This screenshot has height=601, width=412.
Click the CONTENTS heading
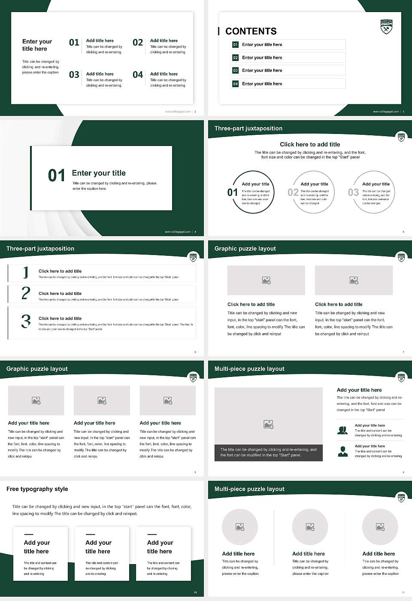pyautogui.click(x=251, y=31)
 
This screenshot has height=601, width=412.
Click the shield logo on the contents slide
pyautogui.click(x=386, y=27)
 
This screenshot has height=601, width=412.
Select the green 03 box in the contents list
pyautogui.click(x=235, y=70)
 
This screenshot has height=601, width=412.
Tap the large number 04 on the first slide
pyautogui.click(x=138, y=75)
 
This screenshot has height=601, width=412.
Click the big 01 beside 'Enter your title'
pyautogui.click(x=57, y=176)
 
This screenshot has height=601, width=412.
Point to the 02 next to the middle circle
pyautogui.click(x=293, y=192)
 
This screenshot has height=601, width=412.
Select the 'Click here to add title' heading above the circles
pyautogui.click(x=310, y=145)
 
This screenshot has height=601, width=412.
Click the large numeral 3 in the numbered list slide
pyautogui.click(x=26, y=321)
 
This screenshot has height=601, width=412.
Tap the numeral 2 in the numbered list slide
pyautogui.click(x=26, y=293)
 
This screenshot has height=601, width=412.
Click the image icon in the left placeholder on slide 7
pyautogui.click(x=266, y=280)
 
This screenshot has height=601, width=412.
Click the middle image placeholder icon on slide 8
pyautogui.click(x=102, y=401)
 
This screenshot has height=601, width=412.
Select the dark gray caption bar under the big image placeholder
pyautogui.click(x=268, y=452)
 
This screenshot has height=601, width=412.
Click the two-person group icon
pyautogui.click(x=342, y=430)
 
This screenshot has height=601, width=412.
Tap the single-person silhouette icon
pyautogui.click(x=342, y=451)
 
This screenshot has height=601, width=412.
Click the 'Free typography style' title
pyautogui.click(x=37, y=489)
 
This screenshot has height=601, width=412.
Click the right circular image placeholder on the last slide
pyautogui.click(x=380, y=527)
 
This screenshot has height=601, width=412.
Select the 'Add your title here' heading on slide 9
pyautogui.click(x=359, y=390)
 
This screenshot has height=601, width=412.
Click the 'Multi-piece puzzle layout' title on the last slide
pyautogui.click(x=249, y=489)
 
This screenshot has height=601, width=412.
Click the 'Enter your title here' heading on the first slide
pyautogui.click(x=37, y=45)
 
